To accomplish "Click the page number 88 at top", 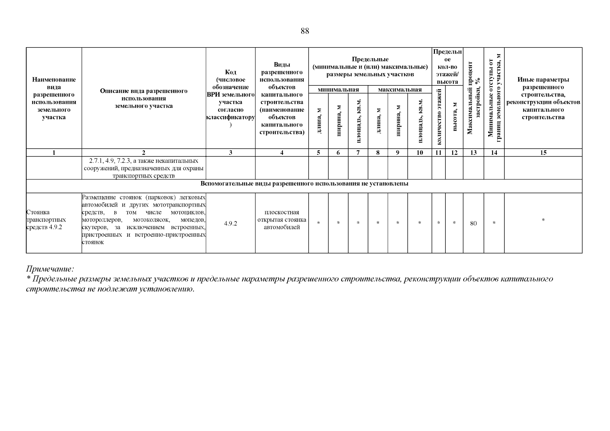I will coord(304,31).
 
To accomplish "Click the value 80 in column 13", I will coord(473,223).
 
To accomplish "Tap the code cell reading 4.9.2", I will coord(230,223).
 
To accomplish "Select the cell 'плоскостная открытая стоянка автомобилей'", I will coord(282,220).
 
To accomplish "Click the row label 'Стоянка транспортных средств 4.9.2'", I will coord(46,220).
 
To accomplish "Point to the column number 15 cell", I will coord(543,153).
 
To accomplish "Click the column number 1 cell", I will coord(54,153).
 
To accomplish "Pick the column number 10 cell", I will coord(419,153).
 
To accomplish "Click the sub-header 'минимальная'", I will coord(338,90).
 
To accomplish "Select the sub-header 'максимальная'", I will coord(400,90).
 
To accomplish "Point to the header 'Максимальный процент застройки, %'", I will coord(473,98).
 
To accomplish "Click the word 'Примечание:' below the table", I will coord(50,269).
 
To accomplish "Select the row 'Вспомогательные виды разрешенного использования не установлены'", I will coord(304,184).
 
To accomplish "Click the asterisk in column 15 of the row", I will coord(543,220).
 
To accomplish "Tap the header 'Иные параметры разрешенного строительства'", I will coord(543,98).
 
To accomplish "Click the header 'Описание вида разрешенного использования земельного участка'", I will coord(144,98).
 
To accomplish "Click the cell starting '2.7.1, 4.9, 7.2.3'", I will coord(144,168).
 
